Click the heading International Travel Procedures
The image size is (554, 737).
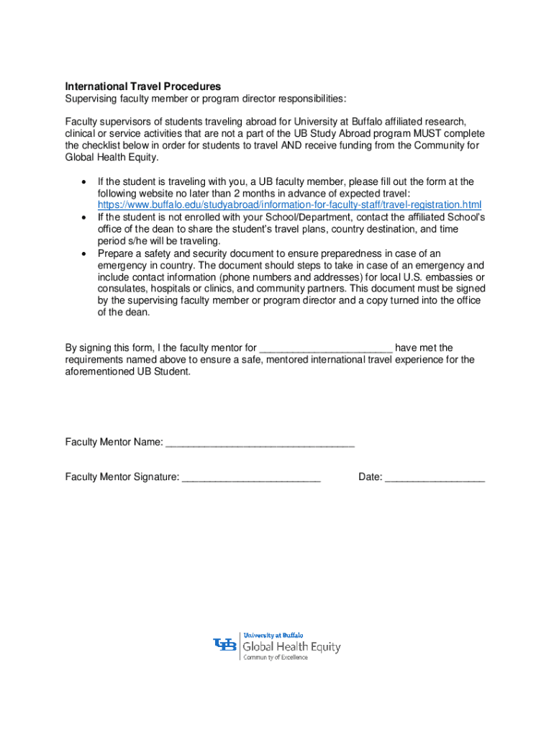pyautogui.click(x=143, y=86)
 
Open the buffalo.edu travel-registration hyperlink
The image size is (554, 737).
pyautogui.click(x=289, y=205)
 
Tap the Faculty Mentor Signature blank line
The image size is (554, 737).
pyautogui.click(x=251, y=477)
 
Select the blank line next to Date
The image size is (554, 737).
pyautogui.click(x=435, y=477)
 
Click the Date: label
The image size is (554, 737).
pyautogui.click(x=371, y=476)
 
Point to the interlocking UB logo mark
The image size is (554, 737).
pyautogui.click(x=224, y=646)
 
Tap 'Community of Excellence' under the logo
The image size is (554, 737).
pyautogui.click(x=276, y=657)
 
